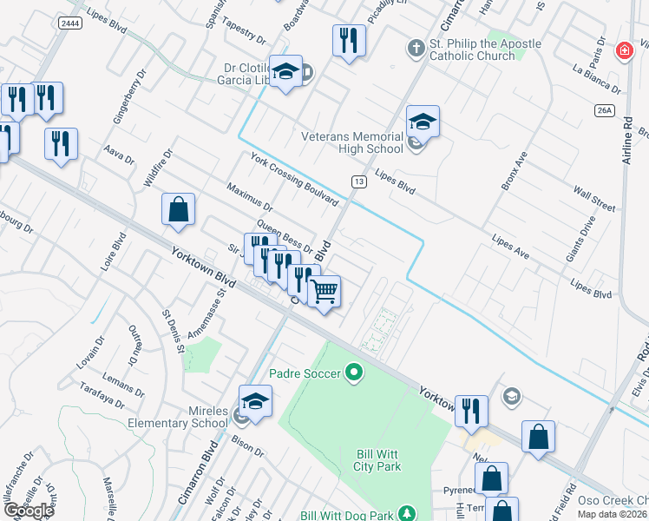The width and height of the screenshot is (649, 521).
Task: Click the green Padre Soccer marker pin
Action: [x=353, y=373]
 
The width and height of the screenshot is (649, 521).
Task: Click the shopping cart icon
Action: [x=324, y=293]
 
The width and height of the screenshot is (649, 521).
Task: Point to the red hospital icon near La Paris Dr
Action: [x=623, y=52]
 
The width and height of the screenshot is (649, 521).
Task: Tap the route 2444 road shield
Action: [x=71, y=23]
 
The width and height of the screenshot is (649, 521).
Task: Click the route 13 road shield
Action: [x=357, y=181]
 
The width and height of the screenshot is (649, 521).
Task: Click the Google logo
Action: [x=29, y=511]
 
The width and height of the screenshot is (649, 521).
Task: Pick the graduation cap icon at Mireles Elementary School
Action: [x=256, y=402]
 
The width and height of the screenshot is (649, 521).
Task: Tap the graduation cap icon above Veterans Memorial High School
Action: [x=423, y=122]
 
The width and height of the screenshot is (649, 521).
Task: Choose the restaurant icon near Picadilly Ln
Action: [x=349, y=41]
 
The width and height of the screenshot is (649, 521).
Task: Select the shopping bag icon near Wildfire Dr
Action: [x=178, y=209]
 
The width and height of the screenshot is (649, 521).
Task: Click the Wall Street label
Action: [x=594, y=197]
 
